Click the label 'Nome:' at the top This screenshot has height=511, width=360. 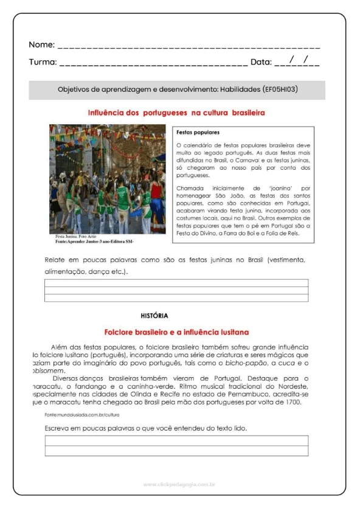(41, 45)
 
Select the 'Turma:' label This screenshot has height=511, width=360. (43, 62)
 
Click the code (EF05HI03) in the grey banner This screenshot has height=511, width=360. (280, 89)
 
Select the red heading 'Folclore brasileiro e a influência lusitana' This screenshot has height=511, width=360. (176, 332)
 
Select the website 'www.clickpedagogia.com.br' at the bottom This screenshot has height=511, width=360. (179, 484)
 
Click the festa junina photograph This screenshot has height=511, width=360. (107, 179)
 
